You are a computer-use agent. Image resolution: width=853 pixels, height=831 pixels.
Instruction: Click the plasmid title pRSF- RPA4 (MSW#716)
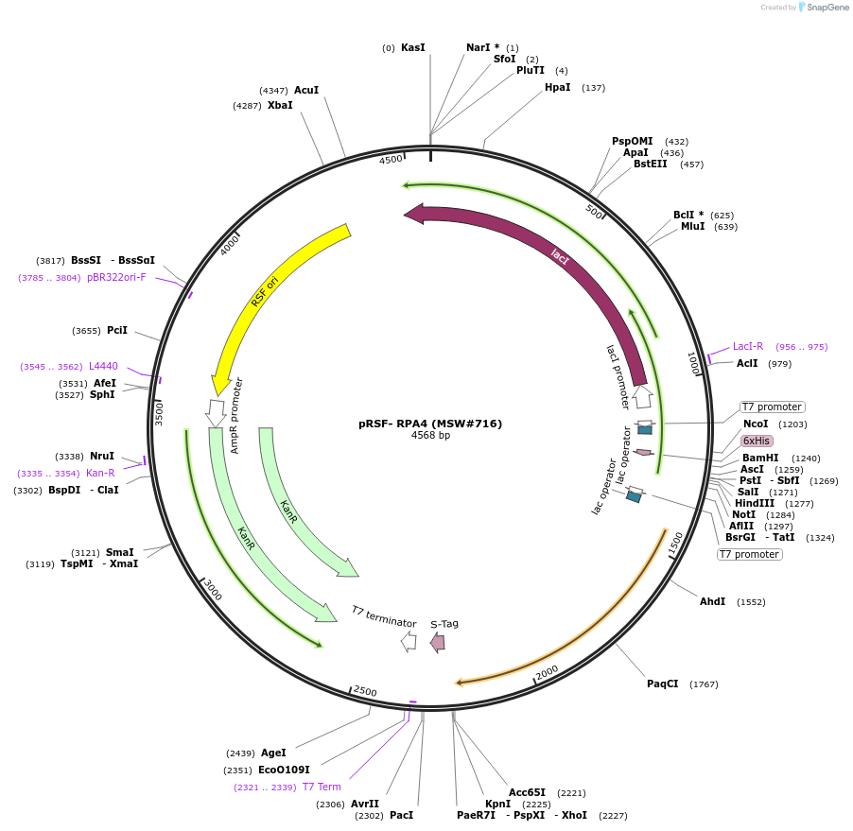pyautogui.click(x=430, y=424)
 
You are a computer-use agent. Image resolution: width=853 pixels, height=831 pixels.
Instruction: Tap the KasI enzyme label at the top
pyautogui.click(x=413, y=47)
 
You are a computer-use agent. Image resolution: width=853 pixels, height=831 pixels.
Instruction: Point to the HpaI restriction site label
pyautogui.click(x=558, y=87)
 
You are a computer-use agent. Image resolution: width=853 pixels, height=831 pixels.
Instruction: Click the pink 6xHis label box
pyautogui.click(x=757, y=441)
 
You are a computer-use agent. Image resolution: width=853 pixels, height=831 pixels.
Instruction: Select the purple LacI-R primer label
pyautogui.click(x=748, y=346)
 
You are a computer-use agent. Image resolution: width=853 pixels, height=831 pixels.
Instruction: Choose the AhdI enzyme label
pyautogui.click(x=712, y=601)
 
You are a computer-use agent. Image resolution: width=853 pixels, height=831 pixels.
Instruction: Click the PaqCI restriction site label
pyautogui.click(x=663, y=684)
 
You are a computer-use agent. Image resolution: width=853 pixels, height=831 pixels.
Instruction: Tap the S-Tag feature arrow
pyautogui.click(x=438, y=643)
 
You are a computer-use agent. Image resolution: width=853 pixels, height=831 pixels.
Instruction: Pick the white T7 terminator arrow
pyautogui.click(x=409, y=642)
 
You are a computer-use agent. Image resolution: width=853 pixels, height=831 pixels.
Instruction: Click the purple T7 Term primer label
pyautogui.click(x=322, y=787)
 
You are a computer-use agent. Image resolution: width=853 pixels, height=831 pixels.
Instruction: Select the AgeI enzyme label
pyautogui.click(x=273, y=753)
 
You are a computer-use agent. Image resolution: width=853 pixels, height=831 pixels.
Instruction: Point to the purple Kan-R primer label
pyautogui.click(x=100, y=473)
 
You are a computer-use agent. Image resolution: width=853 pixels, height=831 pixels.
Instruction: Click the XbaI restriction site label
pyautogui.click(x=280, y=105)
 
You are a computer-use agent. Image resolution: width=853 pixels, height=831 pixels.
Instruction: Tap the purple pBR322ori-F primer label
pyautogui.click(x=116, y=277)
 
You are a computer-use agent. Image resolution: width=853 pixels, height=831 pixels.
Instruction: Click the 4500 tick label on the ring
pyautogui.click(x=391, y=160)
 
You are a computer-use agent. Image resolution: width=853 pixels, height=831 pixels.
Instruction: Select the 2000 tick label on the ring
pyautogui.click(x=547, y=672)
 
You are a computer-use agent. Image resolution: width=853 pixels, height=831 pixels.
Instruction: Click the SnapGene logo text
pyautogui.click(x=827, y=8)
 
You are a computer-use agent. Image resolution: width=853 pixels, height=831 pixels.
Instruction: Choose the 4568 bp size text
pyautogui.click(x=430, y=436)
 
